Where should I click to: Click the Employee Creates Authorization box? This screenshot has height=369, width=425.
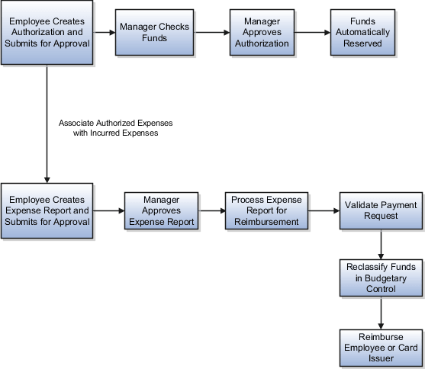47,33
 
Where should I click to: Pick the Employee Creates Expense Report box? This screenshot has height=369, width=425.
47,210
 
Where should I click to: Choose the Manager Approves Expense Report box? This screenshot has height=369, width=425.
161,210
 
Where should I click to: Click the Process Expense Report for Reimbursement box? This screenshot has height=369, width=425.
266,210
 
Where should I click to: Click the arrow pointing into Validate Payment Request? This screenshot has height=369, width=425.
324,211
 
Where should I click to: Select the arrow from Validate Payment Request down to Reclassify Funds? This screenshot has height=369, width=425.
380,244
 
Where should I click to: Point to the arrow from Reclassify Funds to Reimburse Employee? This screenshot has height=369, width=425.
380,313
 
